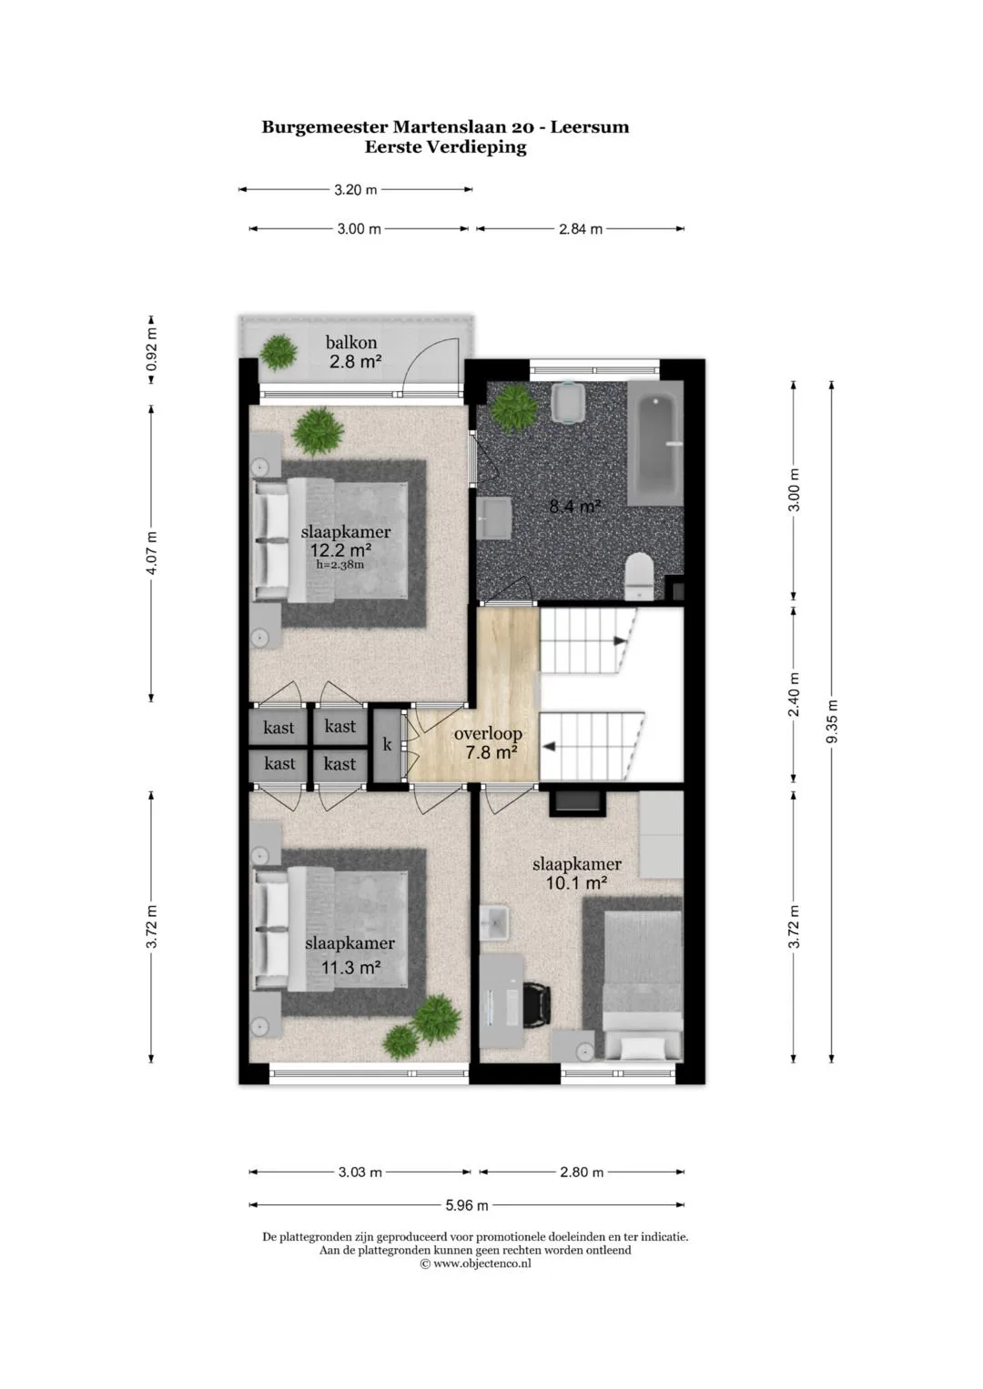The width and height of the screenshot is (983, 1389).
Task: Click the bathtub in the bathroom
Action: (655, 443)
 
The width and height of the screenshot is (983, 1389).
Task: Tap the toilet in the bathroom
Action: (639, 577)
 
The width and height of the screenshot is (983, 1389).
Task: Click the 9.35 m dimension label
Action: (832, 721)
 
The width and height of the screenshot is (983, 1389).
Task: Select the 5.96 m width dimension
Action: (467, 1205)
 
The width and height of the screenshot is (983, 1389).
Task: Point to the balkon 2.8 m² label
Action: (353, 352)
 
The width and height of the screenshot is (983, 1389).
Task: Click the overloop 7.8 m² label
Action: (489, 742)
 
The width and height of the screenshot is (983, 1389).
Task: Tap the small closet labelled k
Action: (387, 745)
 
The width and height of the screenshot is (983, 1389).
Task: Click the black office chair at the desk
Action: (536, 1004)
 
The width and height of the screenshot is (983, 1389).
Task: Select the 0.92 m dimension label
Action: (151, 349)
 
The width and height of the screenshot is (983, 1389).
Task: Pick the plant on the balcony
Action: (279, 353)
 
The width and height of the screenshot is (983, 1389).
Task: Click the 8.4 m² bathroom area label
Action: (574, 506)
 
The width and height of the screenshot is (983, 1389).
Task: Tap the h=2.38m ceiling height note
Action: (340, 564)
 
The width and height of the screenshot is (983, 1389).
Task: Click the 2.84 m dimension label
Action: (581, 229)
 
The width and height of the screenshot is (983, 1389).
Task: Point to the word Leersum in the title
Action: (590, 127)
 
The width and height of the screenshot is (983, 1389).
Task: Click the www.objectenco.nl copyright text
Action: (476, 1263)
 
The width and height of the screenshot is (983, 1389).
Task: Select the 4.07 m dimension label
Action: (151, 553)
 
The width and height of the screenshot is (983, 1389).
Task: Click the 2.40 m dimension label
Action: (794, 695)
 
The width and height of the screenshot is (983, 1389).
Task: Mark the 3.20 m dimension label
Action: (356, 190)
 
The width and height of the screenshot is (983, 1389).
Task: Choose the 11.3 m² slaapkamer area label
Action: (350, 967)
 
